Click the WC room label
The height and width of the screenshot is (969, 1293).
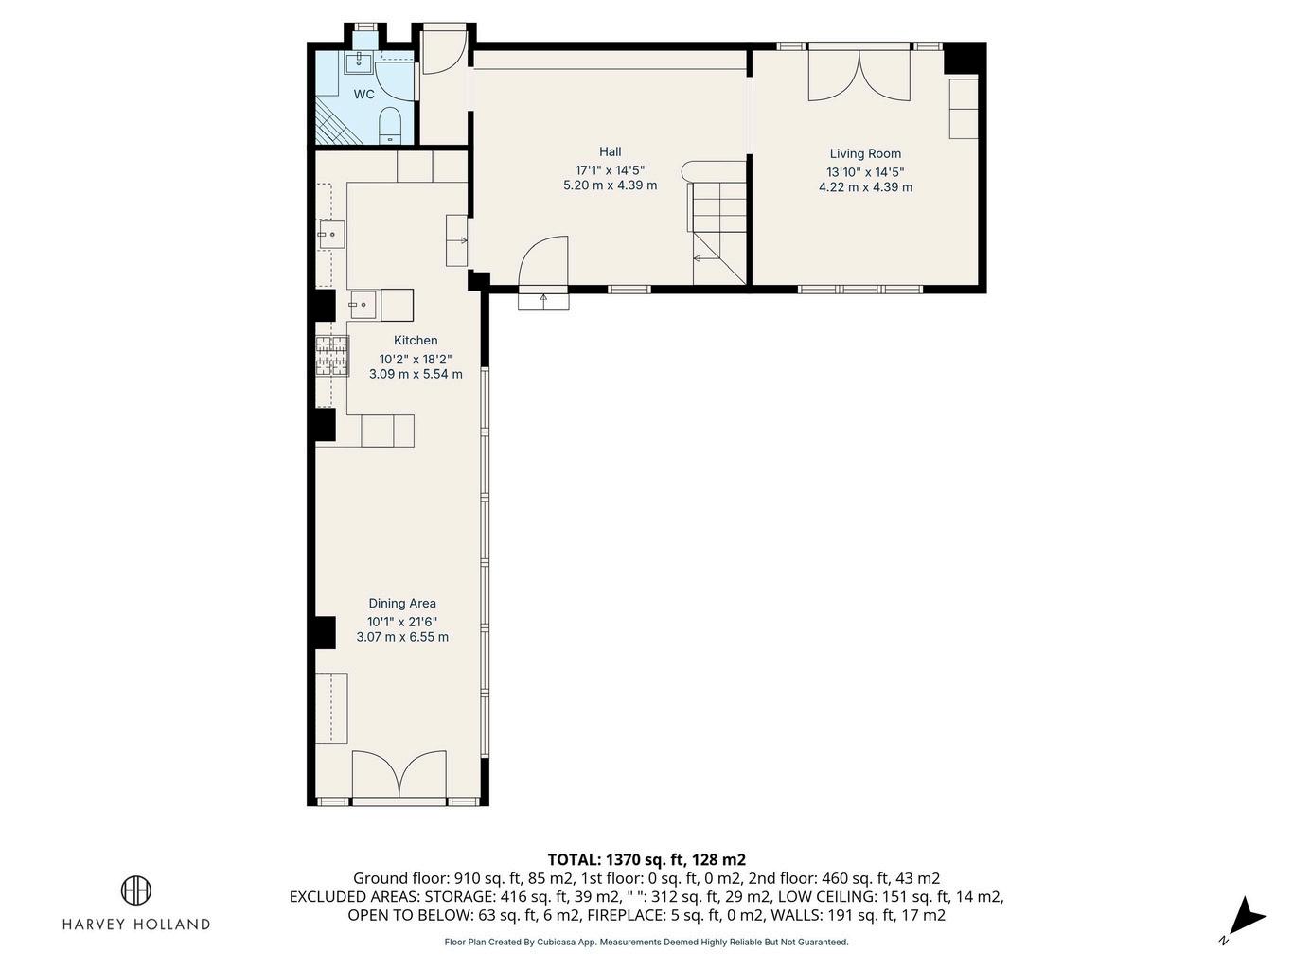363,95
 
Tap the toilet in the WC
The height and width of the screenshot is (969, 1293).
389,125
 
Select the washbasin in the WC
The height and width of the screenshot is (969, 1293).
358,62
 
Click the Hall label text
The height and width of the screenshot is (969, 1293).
611,152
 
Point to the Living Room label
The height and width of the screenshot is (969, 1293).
865,153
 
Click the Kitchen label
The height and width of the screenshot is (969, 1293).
416,341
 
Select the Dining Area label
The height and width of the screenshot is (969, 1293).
402,604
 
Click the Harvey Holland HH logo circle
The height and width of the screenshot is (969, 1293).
136,890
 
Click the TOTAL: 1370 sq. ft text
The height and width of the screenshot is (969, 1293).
617,859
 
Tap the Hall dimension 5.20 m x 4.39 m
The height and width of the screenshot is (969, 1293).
611,185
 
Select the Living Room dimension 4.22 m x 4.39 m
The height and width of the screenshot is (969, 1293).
865,187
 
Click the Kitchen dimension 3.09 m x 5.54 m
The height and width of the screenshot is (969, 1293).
416,374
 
